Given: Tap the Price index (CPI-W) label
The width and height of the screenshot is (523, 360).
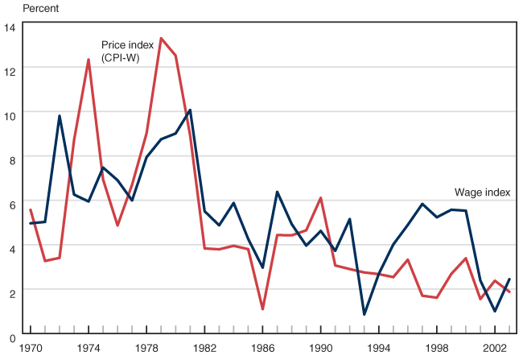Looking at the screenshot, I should pos(128,52).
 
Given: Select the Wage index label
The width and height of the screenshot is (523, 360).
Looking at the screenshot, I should pos(483,192).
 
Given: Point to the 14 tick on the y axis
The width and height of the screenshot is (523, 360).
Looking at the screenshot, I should pos(10,27).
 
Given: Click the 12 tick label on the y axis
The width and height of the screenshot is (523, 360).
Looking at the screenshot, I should pos(10,72).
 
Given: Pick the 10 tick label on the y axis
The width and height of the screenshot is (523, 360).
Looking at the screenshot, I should pos(10,116).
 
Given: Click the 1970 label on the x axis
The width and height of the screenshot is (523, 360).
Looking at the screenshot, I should pos(31,349).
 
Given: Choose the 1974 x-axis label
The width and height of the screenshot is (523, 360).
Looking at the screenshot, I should pos(89,349).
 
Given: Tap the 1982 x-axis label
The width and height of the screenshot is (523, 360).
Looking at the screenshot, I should pos(204,349).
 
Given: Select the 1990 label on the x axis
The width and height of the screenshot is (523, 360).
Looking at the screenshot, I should pos(321,349).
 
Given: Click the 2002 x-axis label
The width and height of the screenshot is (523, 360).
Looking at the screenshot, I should pos(495,349).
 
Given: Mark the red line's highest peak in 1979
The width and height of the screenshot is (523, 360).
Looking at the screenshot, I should pos(161,38).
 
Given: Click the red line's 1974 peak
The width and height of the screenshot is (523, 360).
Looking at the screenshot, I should pos(89,60).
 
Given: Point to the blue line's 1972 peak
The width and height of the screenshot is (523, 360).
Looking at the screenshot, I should pos(60,116).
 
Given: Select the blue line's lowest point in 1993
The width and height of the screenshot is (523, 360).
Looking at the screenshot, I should pos(364,314).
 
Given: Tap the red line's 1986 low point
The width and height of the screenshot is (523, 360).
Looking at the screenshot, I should pos(263,308).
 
